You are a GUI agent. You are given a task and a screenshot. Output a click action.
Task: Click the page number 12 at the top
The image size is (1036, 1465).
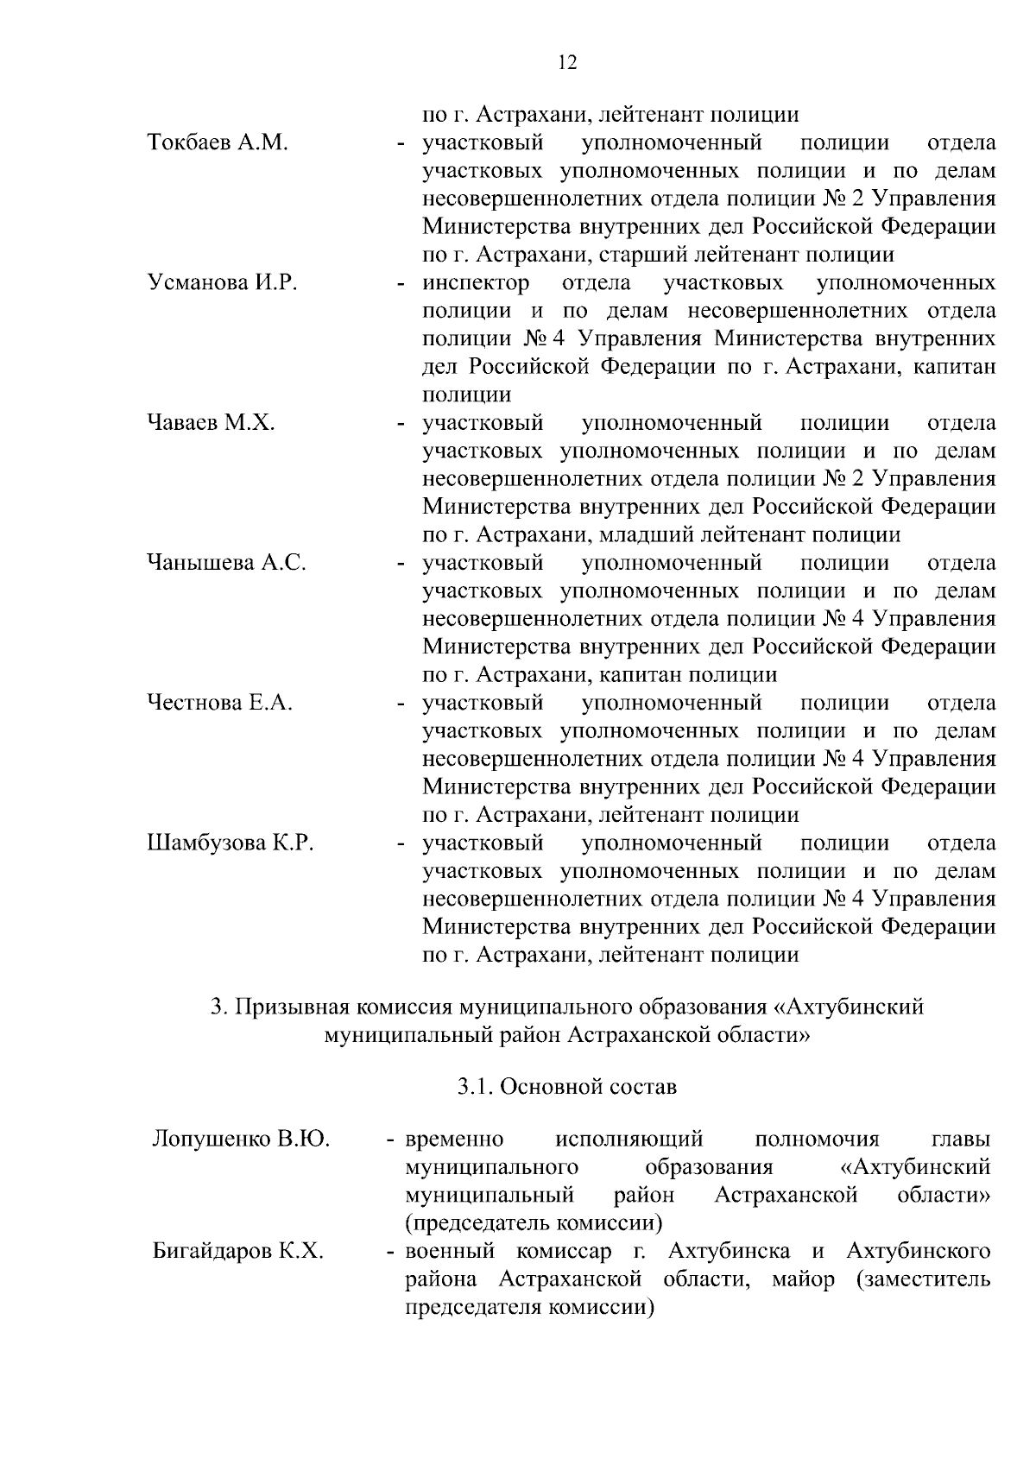pos(567,62)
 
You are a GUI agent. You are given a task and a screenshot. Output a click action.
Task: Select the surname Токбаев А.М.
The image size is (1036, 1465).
pos(217,142)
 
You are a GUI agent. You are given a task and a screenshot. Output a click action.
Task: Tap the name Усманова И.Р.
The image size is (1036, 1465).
pos(222,283)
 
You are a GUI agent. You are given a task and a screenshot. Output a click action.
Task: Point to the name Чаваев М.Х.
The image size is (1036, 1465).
pos(211,423)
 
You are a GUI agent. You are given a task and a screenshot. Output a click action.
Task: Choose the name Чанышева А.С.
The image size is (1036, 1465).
pos(226,563)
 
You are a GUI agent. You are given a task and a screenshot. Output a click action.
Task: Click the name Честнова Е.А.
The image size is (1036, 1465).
pos(219,703)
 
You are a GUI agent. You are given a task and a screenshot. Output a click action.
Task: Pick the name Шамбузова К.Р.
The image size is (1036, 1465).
pos(230,843)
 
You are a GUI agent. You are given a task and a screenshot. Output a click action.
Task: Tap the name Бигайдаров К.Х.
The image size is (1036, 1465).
pos(237,1251)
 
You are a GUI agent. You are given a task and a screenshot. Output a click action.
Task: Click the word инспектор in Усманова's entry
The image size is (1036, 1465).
pos(476,283)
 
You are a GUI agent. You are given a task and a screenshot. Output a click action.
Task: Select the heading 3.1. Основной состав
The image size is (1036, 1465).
pos(567,1086)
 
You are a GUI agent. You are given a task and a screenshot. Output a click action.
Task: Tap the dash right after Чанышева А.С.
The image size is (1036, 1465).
pos(401,563)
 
